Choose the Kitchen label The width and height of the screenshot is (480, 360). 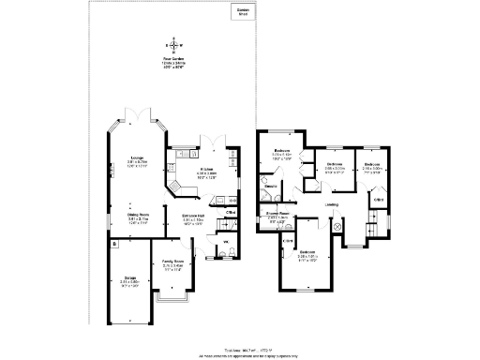pyautogui.click(x=206, y=171)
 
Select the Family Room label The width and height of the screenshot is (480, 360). pyautogui.click(x=173, y=263)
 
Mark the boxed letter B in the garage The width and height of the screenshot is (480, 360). pyautogui.click(x=113, y=246)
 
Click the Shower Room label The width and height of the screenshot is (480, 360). pyautogui.click(x=276, y=215)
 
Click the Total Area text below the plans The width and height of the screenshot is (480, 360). pyautogui.click(x=240, y=348)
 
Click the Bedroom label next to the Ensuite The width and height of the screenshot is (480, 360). pyautogui.click(x=282, y=153)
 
